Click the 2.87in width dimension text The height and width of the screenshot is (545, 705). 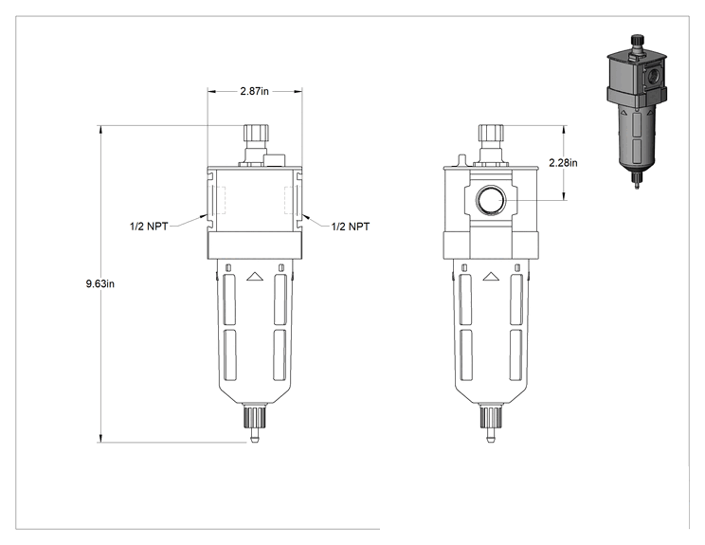point(255,91)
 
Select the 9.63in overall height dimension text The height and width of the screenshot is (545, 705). point(100,283)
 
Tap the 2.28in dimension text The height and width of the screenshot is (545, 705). point(563,163)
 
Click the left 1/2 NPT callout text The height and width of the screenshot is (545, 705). point(149,227)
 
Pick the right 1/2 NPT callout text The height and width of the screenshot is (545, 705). point(351,227)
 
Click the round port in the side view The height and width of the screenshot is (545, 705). point(491,200)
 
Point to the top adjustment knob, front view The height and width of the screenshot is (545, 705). point(256,133)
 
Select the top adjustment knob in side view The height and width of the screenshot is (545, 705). point(491,133)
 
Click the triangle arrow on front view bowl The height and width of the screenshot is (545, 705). point(255,277)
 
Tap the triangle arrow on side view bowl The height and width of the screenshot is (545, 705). point(491,277)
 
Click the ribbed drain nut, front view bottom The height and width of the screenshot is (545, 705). point(255,417)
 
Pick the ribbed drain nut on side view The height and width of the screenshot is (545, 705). point(491,417)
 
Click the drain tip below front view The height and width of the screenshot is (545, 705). point(255,436)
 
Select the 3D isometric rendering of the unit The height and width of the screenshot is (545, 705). point(636,112)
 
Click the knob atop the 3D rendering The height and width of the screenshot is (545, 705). point(637,41)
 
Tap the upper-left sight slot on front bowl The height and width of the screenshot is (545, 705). point(229,299)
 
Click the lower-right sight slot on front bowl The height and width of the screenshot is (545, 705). point(280,355)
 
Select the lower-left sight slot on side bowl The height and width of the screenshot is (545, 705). point(466,355)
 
